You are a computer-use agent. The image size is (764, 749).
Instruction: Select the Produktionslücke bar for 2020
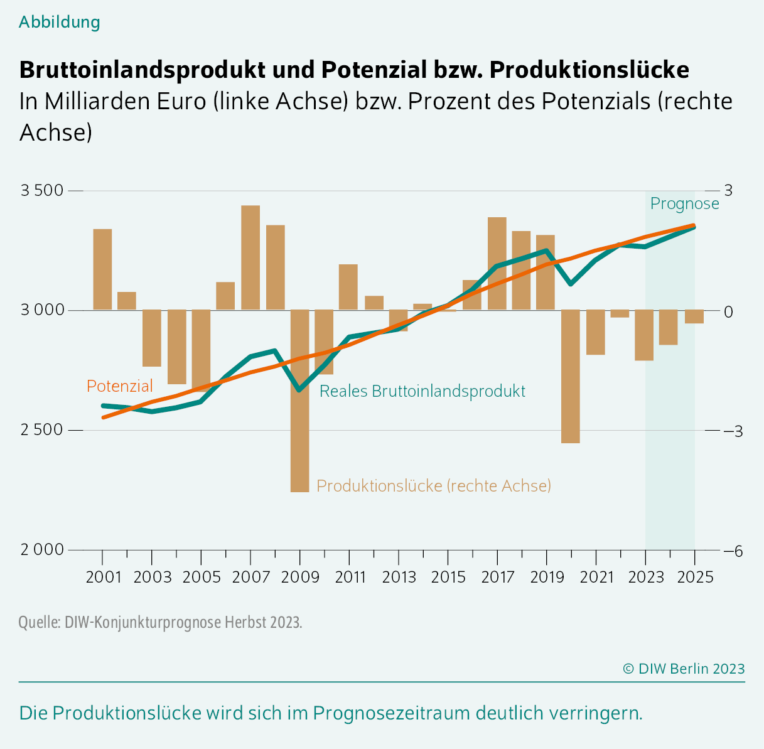tap(570, 376)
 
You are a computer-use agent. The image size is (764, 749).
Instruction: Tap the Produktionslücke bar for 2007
tap(250, 257)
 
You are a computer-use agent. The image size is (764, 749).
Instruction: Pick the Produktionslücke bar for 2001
tap(102, 269)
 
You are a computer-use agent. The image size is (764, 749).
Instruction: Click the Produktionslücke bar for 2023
tap(644, 335)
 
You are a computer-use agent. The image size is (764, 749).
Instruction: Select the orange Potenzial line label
tap(119, 385)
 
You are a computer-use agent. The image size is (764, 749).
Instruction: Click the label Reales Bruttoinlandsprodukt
tap(422, 391)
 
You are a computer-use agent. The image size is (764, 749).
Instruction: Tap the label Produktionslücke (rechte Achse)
tap(433, 485)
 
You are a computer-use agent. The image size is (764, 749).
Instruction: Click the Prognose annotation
tap(684, 203)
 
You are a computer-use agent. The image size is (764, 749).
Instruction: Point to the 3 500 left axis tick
tap(42, 190)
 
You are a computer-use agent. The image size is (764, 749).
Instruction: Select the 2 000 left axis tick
tap(42, 549)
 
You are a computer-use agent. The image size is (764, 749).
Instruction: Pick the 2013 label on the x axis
tap(399, 577)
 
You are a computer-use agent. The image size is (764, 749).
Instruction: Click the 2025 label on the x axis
tap(694, 577)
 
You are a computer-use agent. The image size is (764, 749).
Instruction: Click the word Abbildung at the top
tap(60, 22)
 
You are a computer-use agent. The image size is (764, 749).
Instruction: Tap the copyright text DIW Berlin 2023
tap(684, 669)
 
